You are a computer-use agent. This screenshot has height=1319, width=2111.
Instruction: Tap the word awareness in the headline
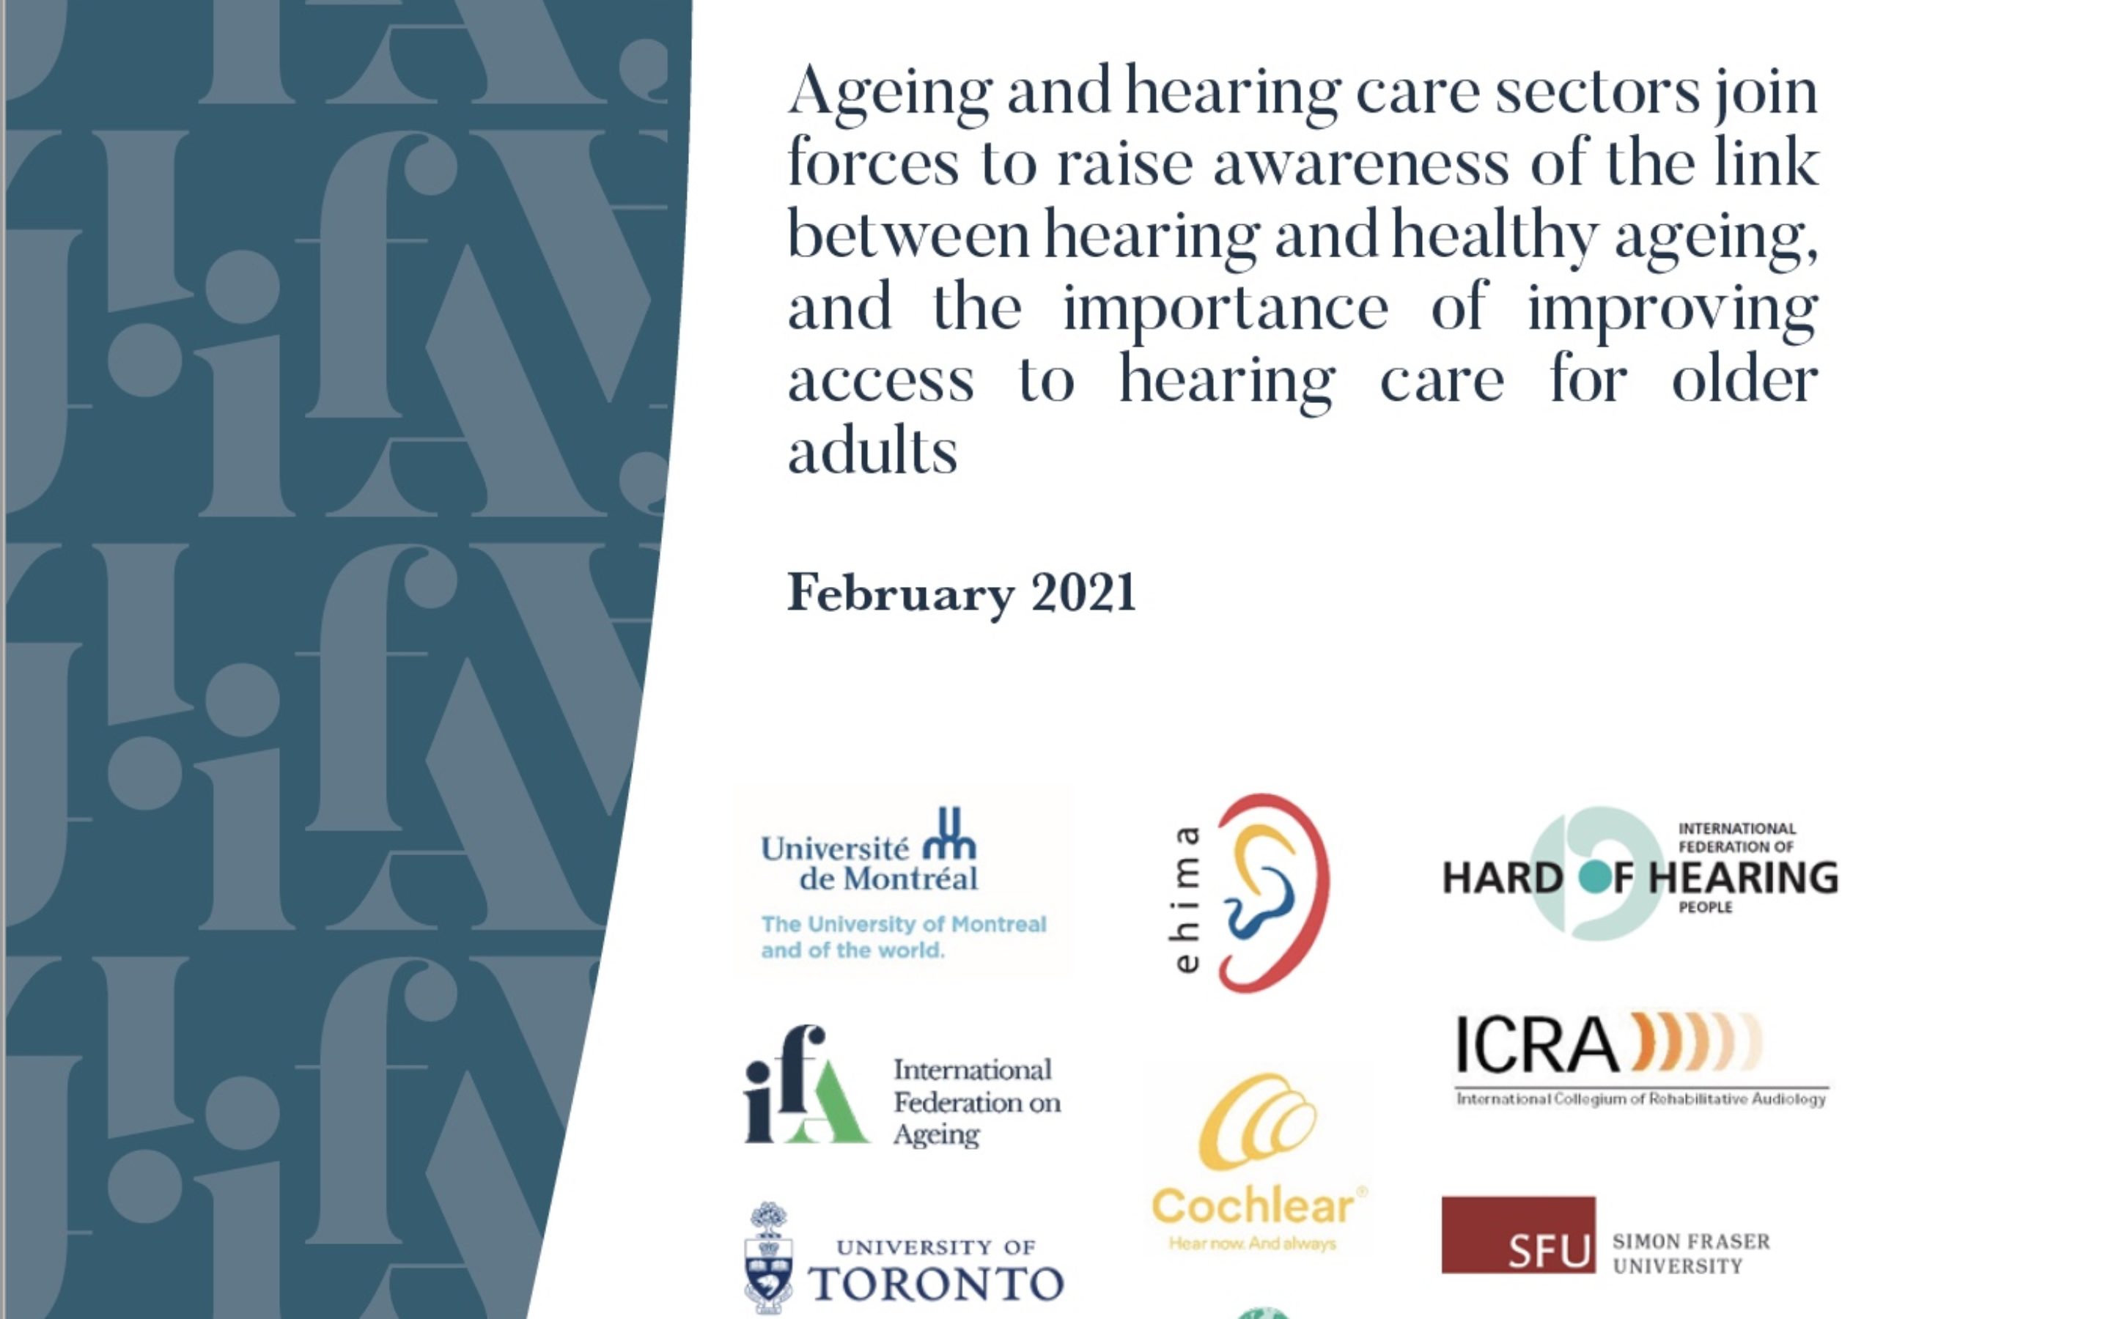point(1361,164)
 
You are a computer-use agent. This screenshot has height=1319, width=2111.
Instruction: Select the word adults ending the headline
point(872,452)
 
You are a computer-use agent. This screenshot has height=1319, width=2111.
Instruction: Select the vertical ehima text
point(1187,899)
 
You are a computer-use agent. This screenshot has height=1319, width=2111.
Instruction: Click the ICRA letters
point(1536,1044)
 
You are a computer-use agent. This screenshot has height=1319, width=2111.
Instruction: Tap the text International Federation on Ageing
point(976,1102)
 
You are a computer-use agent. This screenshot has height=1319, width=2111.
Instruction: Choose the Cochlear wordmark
point(1253,1208)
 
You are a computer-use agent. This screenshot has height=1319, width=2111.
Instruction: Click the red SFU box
point(1518,1235)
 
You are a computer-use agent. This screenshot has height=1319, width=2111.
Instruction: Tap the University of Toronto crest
point(768,1258)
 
